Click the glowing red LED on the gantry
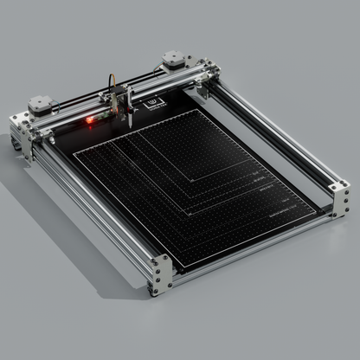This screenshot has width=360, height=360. (87, 120)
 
